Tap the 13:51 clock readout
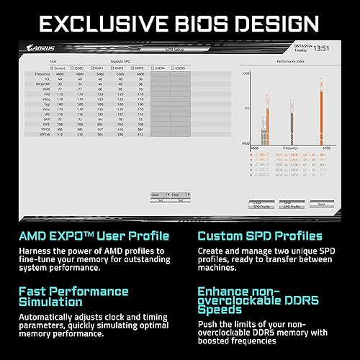click(x=322, y=48)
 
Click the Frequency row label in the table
click(x=41, y=73)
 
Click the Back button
click(x=321, y=204)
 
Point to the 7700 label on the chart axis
click(x=246, y=73)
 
